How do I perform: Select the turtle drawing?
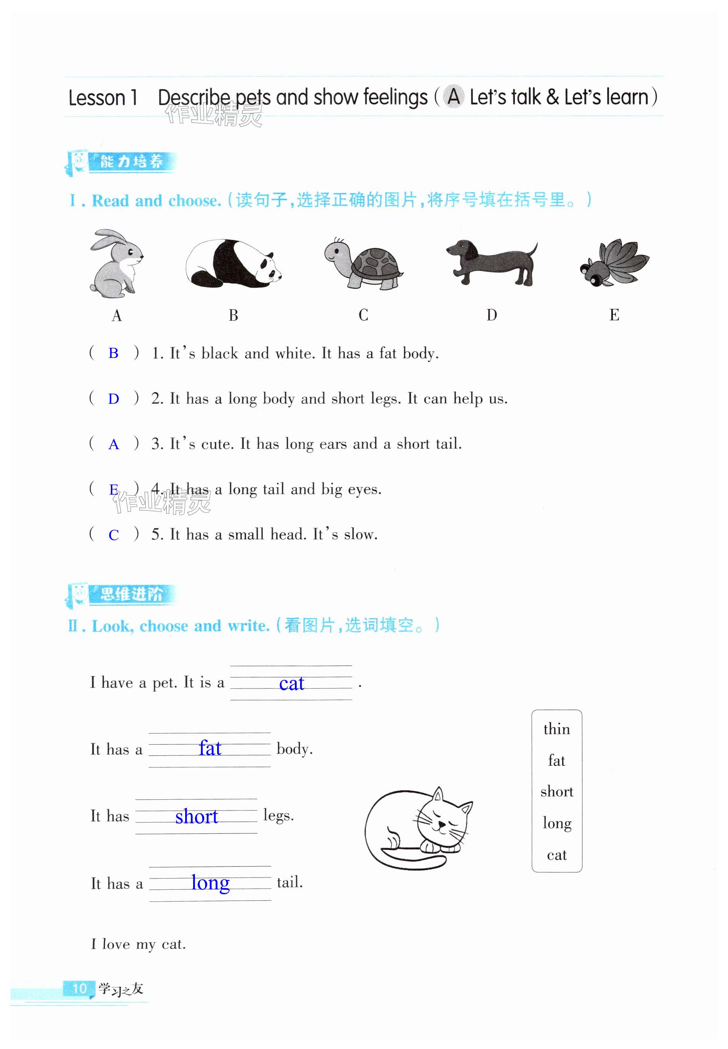point(363,264)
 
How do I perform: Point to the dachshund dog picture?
point(492,262)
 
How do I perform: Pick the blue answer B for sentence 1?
point(113,353)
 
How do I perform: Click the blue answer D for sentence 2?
point(113,399)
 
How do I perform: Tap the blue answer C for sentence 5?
point(113,535)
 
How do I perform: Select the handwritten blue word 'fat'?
point(210,749)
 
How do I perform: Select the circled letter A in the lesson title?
point(453,97)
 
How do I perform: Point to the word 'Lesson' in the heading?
point(97,98)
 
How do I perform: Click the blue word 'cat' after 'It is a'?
point(292,684)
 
